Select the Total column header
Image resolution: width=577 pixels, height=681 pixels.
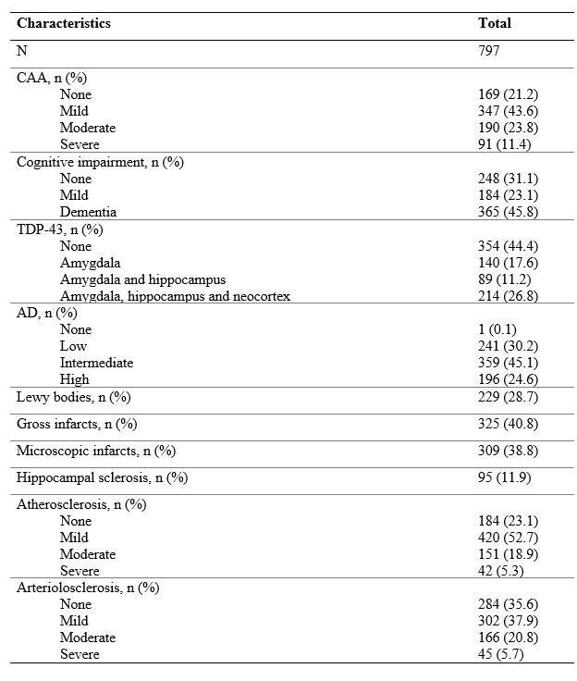pos(494,23)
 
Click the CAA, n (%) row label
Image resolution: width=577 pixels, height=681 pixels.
pos(53,78)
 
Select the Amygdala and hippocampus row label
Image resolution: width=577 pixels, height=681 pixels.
pos(142,279)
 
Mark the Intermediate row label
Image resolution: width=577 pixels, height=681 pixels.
pos(96,363)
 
